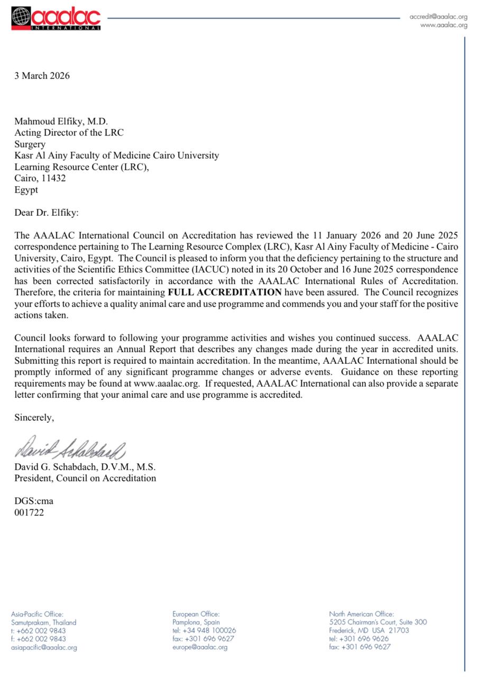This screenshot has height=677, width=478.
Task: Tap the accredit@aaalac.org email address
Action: [x=438, y=16]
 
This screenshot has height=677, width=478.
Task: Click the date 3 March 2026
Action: [x=42, y=76]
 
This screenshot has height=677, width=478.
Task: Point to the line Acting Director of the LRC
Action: [x=69, y=133]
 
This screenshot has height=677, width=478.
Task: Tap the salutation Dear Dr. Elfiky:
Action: [x=46, y=213]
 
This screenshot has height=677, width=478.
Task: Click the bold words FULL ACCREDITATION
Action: [x=225, y=292]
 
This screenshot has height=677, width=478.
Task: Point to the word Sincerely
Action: [x=34, y=418]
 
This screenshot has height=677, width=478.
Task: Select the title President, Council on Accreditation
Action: [x=85, y=479]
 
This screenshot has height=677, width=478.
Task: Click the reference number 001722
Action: [x=29, y=512]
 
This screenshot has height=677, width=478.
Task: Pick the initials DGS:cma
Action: [x=34, y=500]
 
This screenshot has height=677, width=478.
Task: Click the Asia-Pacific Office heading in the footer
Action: [x=37, y=614]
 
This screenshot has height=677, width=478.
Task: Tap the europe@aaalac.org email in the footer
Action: [x=200, y=647]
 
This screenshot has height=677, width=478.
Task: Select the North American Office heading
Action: [x=361, y=614]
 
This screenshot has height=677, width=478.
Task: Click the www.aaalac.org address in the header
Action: [x=444, y=25]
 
